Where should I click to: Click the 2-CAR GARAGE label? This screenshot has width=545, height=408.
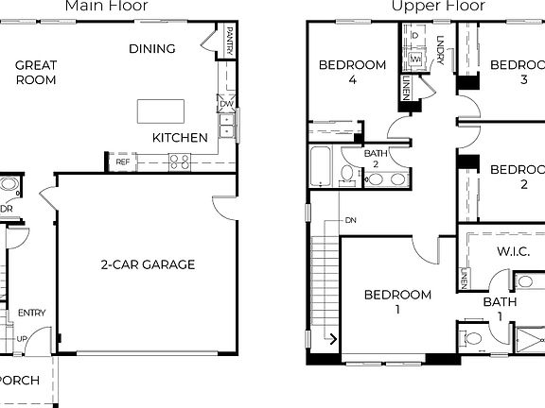[148, 264]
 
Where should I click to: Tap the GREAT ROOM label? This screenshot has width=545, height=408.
[36, 73]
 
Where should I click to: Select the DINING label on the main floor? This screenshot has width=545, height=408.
[151, 49]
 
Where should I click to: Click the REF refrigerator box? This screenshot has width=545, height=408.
[123, 162]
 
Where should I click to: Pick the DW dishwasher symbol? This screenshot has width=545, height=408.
[225, 104]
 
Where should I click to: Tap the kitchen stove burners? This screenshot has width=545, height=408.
[180, 161]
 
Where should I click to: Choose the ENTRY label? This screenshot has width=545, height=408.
[31, 314]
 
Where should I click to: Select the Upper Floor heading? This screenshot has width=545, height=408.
[438, 7]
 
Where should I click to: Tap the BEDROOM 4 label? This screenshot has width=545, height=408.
[352, 73]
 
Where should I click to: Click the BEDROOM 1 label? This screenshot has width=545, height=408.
[397, 301]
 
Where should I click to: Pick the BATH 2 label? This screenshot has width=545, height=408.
[376, 159]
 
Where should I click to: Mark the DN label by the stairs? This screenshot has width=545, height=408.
[350, 220]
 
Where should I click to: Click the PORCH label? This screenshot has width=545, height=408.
[19, 381]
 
